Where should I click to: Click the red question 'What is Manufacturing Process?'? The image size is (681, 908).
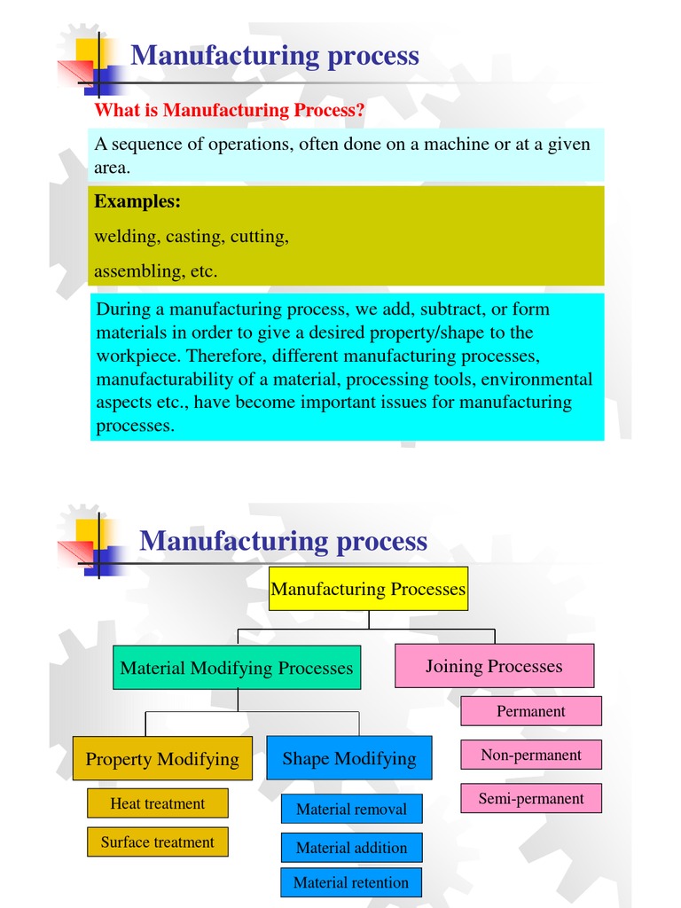click(x=230, y=110)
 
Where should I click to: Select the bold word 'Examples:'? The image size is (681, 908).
click(x=137, y=201)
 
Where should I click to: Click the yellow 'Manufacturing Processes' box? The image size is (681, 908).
click(x=368, y=589)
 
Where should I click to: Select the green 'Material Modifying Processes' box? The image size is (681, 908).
click(x=237, y=668)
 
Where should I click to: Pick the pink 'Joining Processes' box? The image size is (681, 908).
click(x=494, y=666)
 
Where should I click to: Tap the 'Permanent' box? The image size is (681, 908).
click(x=531, y=711)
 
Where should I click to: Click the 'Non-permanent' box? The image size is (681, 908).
click(x=531, y=755)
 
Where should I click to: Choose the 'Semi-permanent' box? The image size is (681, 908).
click(x=531, y=798)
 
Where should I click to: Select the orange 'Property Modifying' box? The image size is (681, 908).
click(x=162, y=758)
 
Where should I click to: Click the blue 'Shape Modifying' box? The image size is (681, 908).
click(x=349, y=758)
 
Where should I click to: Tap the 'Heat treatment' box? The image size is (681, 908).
click(x=158, y=803)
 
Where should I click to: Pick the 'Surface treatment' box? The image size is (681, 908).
click(x=158, y=841)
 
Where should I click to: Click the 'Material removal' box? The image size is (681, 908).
click(x=352, y=809)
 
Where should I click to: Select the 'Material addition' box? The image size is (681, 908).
click(x=352, y=848)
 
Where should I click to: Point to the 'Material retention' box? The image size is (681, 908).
click(x=351, y=882)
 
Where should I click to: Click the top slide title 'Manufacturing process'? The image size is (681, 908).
click(x=275, y=56)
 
